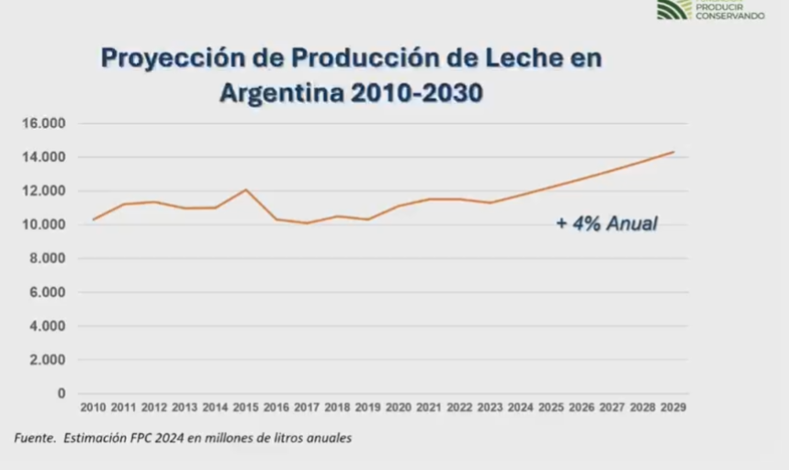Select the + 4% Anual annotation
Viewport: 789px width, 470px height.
(x=606, y=223)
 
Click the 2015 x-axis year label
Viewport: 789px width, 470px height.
(x=245, y=407)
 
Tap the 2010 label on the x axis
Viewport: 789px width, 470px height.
(x=94, y=407)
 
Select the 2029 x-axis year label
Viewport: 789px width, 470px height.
(x=673, y=407)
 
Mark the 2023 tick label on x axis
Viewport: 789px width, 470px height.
(x=490, y=407)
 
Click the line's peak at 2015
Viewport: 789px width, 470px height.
(x=245, y=189)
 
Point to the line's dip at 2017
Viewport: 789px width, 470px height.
(x=307, y=223)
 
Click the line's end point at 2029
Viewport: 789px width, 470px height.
(x=673, y=152)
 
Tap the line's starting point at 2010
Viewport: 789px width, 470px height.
(x=94, y=219)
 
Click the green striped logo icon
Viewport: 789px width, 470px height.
(x=673, y=9)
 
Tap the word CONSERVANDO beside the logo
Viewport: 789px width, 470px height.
(x=731, y=16)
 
